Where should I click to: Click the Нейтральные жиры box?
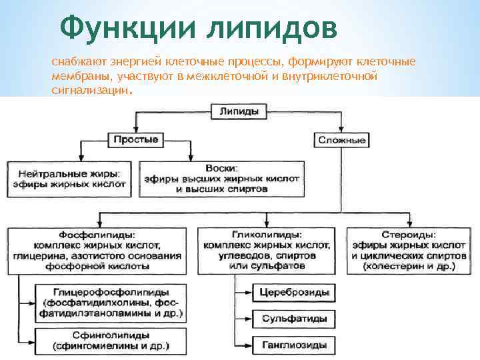(70, 177)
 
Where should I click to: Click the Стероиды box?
(409, 250)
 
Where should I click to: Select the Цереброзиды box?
(294, 293)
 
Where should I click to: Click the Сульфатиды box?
(294, 319)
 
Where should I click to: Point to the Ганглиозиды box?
(294, 345)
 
